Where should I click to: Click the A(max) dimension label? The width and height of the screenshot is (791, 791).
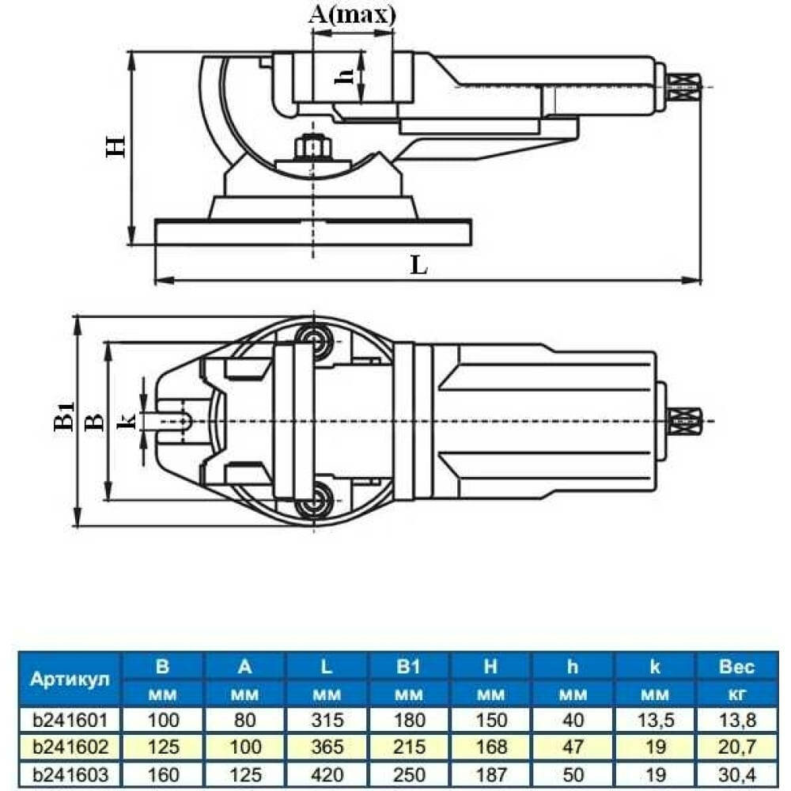tap(352, 15)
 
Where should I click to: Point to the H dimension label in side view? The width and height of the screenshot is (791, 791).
tap(115, 146)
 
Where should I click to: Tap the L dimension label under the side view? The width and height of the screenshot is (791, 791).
tap(419, 264)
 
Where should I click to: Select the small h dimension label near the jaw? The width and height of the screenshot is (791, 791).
tap(345, 76)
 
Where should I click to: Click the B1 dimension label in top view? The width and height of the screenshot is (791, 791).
tap(64, 416)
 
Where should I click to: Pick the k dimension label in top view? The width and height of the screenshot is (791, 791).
tap(126, 420)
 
